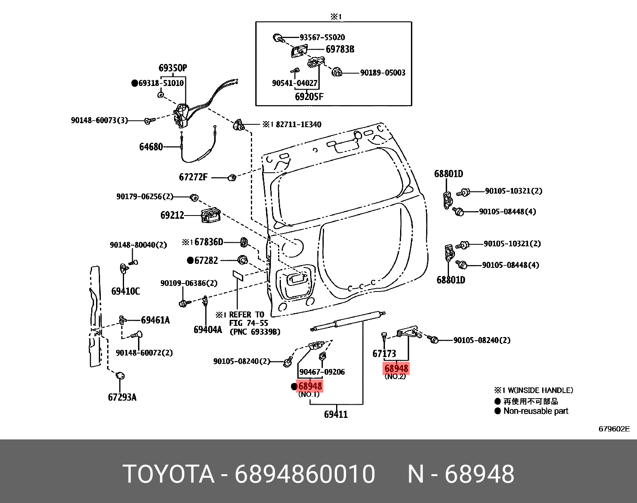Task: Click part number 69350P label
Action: tap(172, 68)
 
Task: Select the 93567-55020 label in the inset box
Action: tap(322, 37)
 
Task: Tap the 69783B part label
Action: tap(340, 50)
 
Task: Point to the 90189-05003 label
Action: tap(383, 73)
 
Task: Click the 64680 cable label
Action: tap(151, 147)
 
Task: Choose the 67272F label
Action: tap(193, 177)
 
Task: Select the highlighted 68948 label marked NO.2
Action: tap(396, 368)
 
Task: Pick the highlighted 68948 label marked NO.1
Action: tap(310, 386)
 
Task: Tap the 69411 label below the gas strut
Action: tap(336, 414)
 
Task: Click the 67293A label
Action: tap(122, 397)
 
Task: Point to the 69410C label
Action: tap(125, 291)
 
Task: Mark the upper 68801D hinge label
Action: tap(449, 174)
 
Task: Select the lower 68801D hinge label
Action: tap(451, 280)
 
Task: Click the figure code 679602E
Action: tap(614, 429)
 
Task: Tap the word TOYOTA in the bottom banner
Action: tap(168, 475)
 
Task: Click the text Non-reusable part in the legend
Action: tap(535, 411)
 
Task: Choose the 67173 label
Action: tap(384, 353)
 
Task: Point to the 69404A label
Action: tap(207, 329)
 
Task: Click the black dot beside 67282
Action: tap(190, 260)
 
